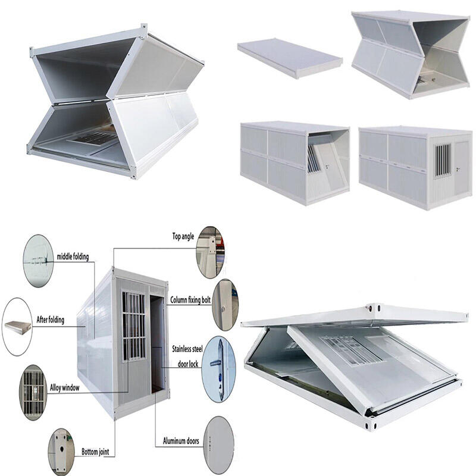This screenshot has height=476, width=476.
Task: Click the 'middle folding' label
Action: tap(73, 257)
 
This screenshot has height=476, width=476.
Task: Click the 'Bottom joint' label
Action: tap(98, 452)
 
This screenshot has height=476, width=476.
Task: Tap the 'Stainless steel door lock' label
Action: tap(187, 355)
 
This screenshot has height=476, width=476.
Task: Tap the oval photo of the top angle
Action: tap(210, 252)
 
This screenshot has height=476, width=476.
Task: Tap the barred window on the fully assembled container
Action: tap(441, 159)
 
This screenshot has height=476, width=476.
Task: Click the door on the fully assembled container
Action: tap(461, 169)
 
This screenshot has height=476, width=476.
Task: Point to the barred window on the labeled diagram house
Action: tap(134, 326)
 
